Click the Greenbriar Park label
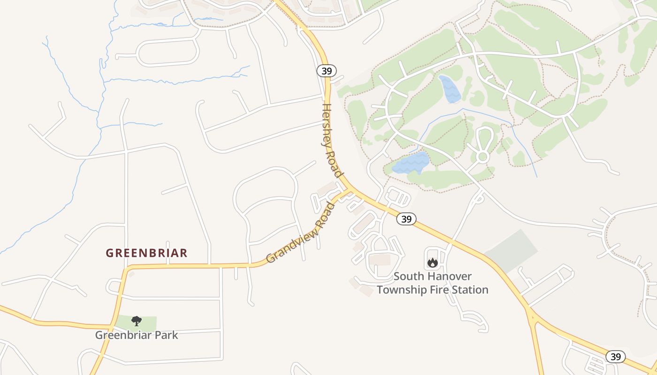pos(137,335)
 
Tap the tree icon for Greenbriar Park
pos(137,321)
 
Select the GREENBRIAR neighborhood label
pos(146,253)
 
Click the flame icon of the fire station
pos(432,263)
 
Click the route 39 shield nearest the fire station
pos(406,219)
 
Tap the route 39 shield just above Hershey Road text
pos(326,71)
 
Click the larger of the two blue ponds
pos(411,163)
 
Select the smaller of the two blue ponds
pos(450,89)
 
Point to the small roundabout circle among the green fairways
pos(482,157)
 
